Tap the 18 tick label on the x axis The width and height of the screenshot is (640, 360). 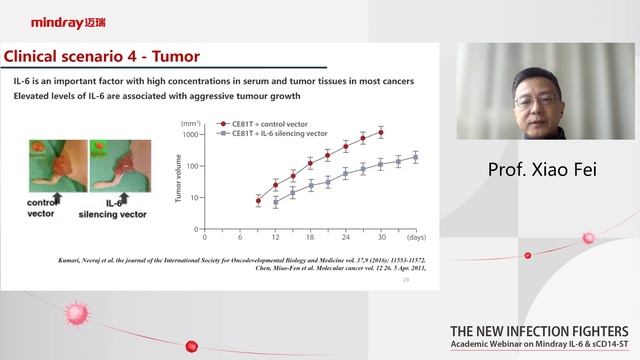[310, 237]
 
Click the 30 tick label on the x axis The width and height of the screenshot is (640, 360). [380, 237]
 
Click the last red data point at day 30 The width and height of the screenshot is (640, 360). [380, 132]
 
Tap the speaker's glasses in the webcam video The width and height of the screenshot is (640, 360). [537, 101]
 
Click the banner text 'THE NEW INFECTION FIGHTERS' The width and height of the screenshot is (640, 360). [539, 331]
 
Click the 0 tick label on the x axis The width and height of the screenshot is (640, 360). [204, 237]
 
